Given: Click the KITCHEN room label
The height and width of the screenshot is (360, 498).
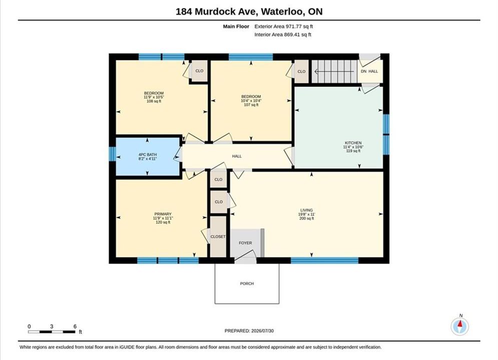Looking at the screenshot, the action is coord(353,142).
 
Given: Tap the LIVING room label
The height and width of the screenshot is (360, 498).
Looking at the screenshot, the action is coord(306,210).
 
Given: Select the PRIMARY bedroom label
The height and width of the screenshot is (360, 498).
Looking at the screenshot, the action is coord(163,214).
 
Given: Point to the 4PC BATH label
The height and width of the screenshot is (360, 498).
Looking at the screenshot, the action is coord(148,155).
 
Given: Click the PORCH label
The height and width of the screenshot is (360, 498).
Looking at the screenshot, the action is coord(247,283).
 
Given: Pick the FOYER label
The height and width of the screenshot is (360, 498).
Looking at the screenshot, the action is coord(245,243).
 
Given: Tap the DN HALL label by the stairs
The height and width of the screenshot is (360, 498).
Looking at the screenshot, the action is coord(369,71).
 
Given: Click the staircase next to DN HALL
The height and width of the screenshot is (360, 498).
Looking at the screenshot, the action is coord(333,71).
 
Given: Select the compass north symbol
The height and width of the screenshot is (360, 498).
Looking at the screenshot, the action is coord(460,325).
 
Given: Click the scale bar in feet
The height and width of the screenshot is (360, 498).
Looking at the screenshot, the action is coord(52,332).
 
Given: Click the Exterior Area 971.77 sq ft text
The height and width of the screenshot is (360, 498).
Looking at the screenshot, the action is coord(284,26).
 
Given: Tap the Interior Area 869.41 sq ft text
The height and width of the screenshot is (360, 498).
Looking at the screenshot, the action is coord(283,34).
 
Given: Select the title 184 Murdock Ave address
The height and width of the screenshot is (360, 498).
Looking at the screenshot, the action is coord(249,11).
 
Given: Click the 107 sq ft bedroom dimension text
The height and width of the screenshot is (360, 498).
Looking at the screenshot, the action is coord(251,104).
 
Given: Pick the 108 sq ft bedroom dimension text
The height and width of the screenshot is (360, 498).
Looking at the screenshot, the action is coord(154,101).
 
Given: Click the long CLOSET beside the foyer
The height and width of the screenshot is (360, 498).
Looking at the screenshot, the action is coord(218,236).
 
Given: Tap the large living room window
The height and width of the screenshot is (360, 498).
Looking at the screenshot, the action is coord(325,260).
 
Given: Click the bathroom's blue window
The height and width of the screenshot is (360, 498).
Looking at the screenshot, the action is coord(113,154).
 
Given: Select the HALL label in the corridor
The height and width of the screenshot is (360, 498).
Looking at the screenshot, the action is coord(237,156).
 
